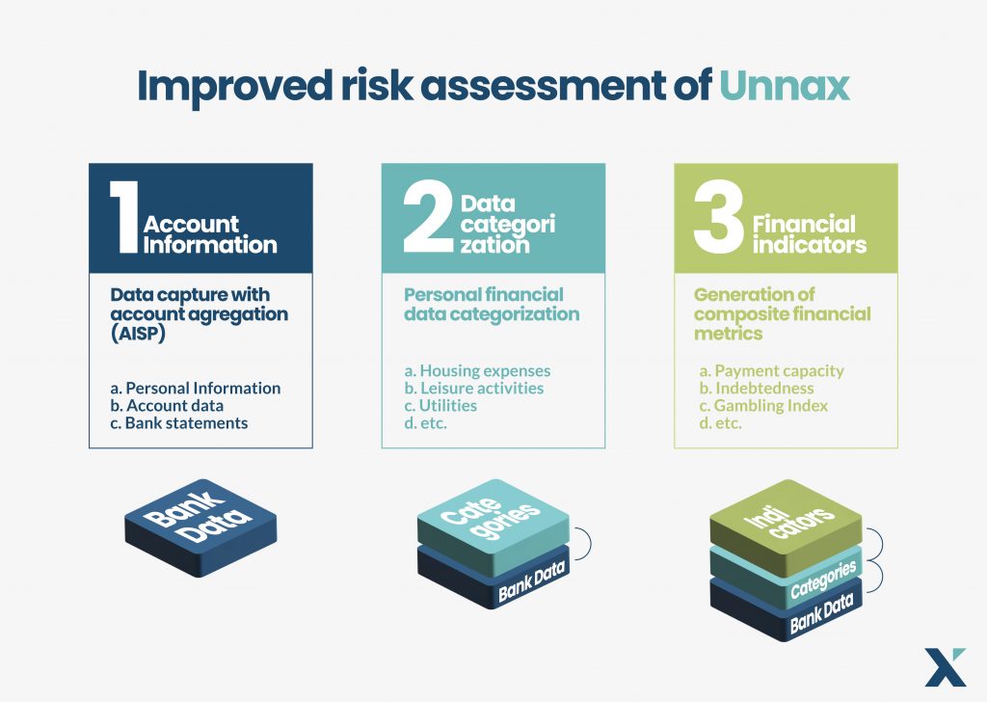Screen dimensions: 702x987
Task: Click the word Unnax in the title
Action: pos(785,85)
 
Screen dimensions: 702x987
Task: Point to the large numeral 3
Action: pos(717,222)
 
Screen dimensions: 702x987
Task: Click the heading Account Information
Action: pos(209,234)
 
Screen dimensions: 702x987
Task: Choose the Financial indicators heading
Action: pos(808,234)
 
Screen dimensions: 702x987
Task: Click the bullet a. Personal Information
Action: pos(196,388)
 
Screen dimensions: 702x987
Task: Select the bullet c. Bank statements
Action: pos(179,422)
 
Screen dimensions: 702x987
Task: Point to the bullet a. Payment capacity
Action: pos(770,370)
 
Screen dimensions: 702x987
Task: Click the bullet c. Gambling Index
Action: pos(762,405)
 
